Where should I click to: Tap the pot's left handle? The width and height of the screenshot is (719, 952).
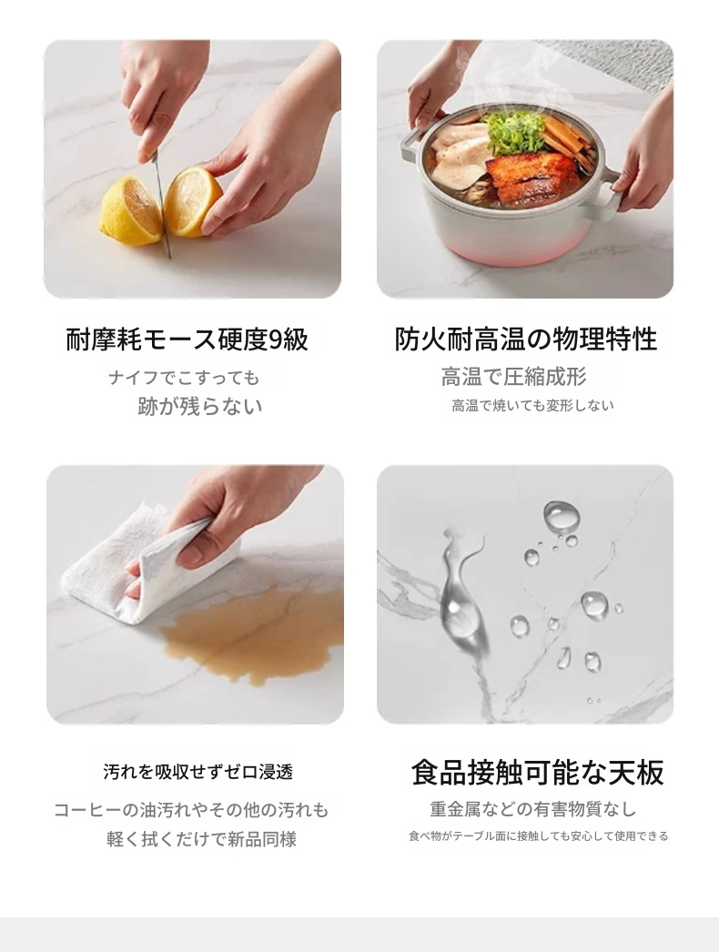(411, 143)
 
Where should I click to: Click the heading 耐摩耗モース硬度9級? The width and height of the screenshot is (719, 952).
(187, 339)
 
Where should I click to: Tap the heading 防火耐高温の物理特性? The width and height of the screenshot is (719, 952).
(526, 339)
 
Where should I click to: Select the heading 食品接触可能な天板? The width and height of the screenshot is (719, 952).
(537, 773)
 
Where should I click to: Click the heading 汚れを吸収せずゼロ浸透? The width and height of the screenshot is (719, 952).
(198, 773)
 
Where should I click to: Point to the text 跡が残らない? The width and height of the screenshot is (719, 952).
(200, 406)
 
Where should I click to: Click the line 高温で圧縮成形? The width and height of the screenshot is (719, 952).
(513, 377)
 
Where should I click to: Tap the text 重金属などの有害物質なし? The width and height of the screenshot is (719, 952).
(532, 809)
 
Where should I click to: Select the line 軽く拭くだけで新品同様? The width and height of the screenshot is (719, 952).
(202, 840)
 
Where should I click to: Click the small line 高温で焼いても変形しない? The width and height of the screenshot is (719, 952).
(532, 406)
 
